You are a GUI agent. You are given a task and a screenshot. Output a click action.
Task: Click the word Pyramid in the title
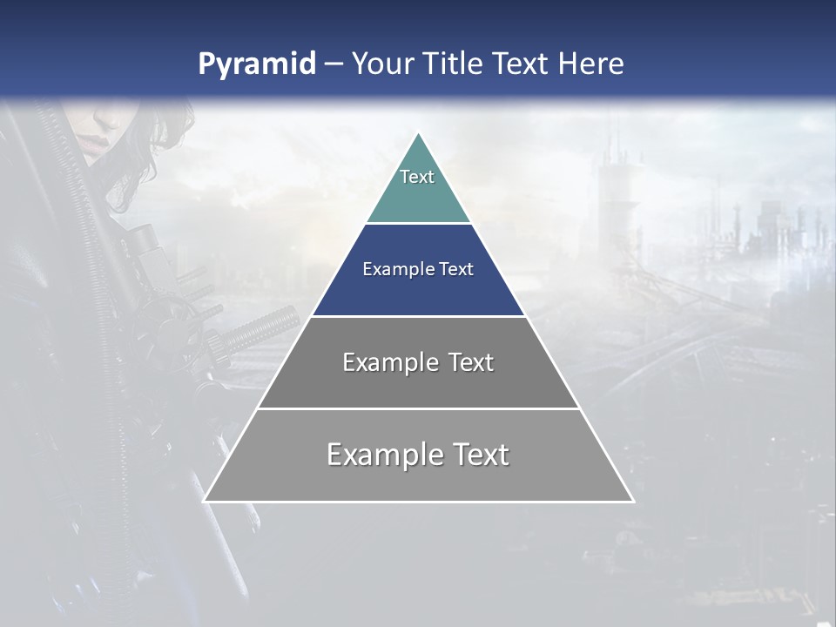(256, 64)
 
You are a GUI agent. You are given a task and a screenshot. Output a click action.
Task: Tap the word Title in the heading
(453, 64)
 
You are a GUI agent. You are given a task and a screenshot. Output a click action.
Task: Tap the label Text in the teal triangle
(417, 177)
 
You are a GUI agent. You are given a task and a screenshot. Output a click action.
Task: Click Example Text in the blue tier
(418, 269)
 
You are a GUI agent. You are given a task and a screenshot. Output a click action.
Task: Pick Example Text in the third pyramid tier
(418, 362)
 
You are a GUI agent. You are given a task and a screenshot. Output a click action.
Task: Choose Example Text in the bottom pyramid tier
(418, 455)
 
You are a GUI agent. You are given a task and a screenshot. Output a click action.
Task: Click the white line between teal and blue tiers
(418, 224)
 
